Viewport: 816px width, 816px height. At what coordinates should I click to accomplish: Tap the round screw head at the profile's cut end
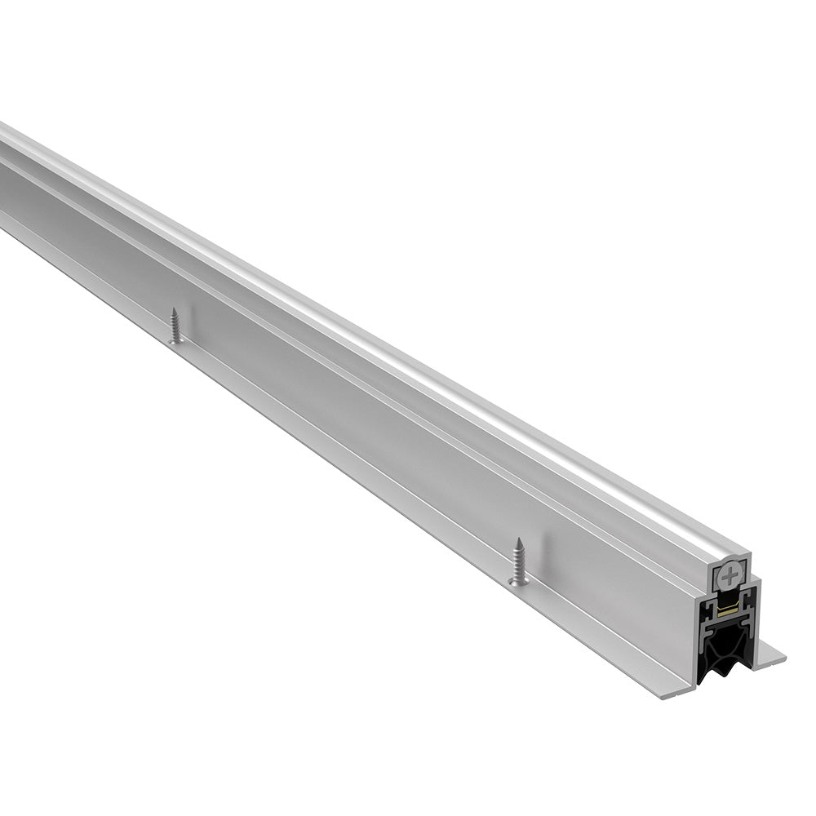click(x=729, y=576)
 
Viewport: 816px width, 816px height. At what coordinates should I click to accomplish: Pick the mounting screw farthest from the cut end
click(x=175, y=326)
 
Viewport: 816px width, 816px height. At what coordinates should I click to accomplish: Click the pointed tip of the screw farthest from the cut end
click(x=174, y=310)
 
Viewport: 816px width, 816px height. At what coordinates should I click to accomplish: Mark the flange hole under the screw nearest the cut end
click(x=518, y=581)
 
